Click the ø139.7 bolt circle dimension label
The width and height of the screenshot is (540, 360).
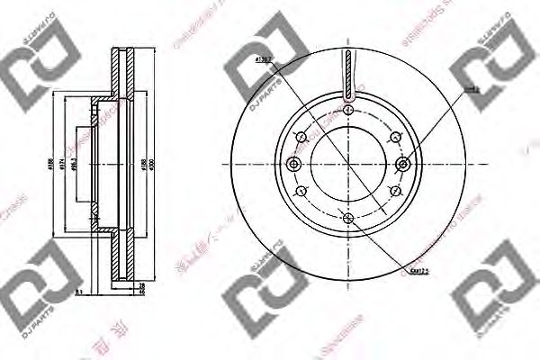tap(264, 59)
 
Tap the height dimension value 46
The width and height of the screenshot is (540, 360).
tap(141, 292)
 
